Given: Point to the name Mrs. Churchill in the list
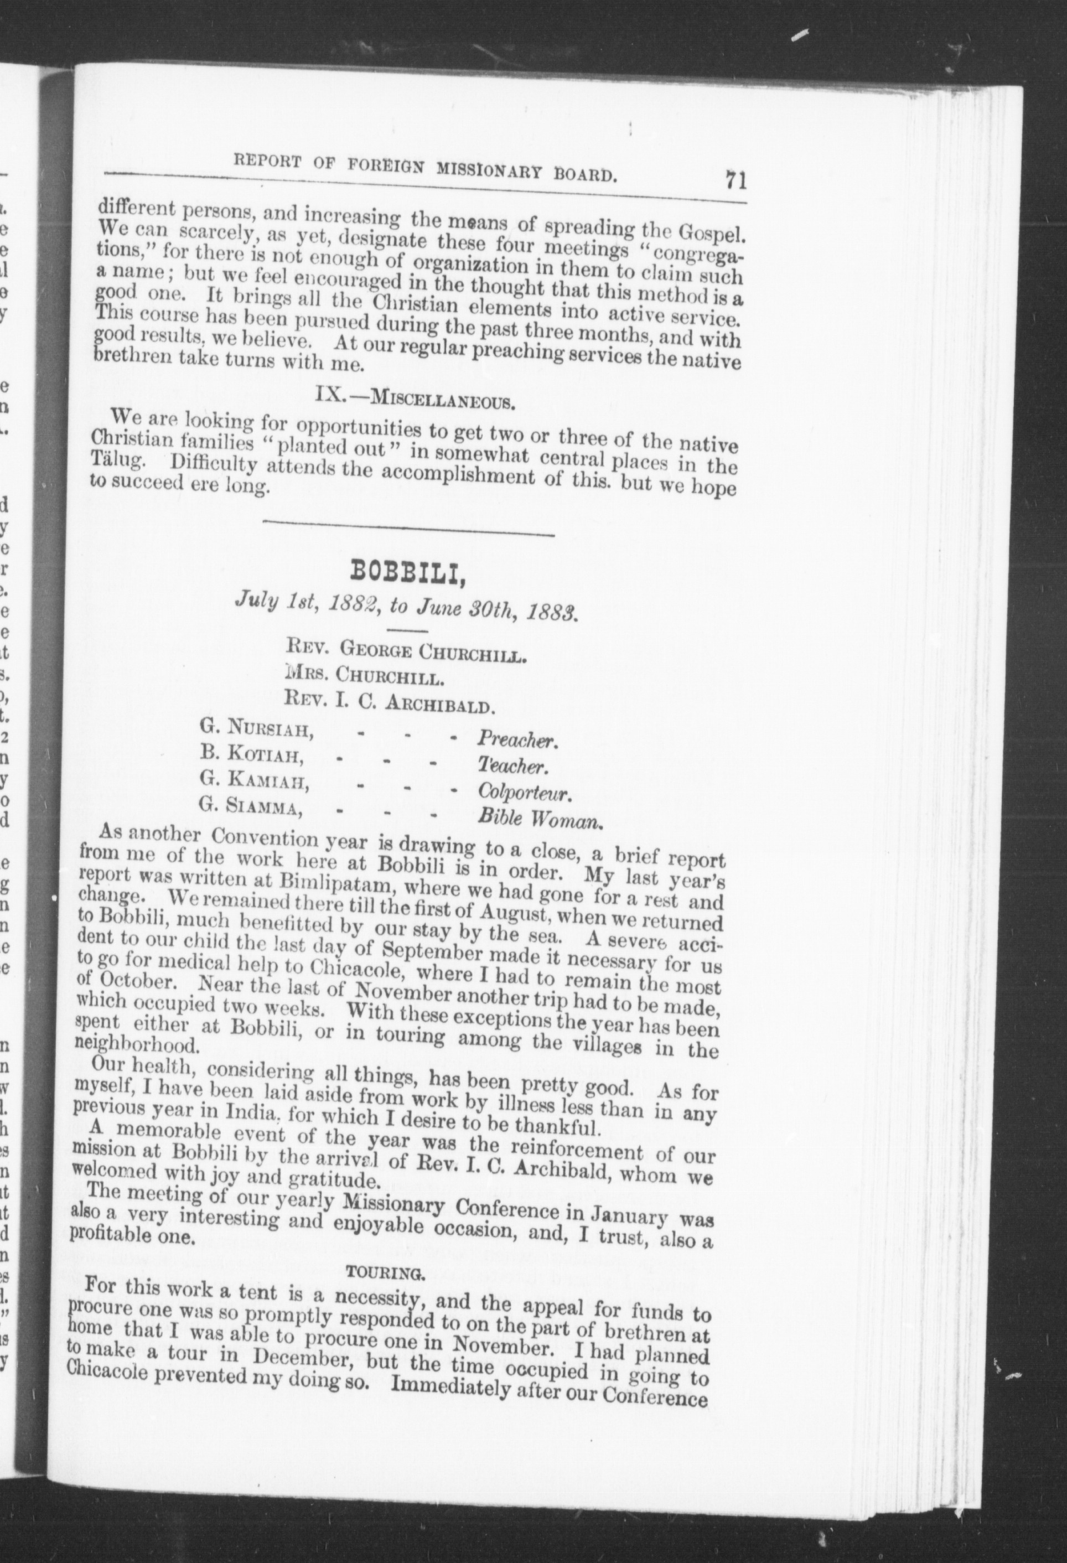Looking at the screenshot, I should (364, 676).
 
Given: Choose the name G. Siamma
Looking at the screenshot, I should (250, 808).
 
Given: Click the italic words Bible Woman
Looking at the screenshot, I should (538, 820).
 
